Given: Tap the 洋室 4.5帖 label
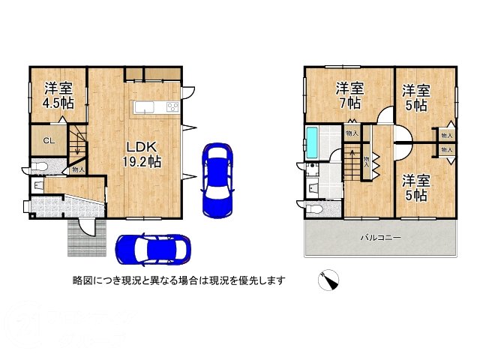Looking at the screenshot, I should [x=52, y=95].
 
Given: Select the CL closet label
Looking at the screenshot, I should [x=47, y=140].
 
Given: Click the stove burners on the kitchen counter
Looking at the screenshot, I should [x=172, y=107].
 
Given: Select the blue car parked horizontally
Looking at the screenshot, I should [x=152, y=247].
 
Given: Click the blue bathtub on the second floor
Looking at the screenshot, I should [x=313, y=142].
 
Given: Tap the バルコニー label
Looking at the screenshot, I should [x=380, y=238].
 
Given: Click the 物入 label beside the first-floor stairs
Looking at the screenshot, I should [x=78, y=171].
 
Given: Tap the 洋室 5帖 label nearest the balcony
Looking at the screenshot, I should [x=414, y=187].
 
